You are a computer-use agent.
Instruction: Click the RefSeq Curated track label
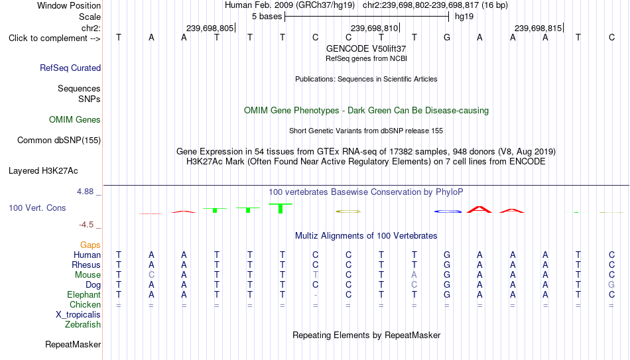[70, 68]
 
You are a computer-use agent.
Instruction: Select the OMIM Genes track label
[75, 120]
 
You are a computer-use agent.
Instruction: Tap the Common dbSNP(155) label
[59, 141]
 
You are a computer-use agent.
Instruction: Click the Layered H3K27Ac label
[43, 171]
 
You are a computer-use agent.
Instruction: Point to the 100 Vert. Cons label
[37, 208]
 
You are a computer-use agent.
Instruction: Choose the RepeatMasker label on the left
[73, 344]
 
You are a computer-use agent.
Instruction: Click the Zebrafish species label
[83, 324]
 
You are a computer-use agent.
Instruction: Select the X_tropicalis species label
[78, 315]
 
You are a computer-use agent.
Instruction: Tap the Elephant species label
[84, 294]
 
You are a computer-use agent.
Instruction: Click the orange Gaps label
[90, 245]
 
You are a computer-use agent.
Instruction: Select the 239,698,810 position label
[374, 28]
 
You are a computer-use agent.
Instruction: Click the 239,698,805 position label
[210, 28]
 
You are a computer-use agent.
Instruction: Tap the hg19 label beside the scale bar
[464, 17]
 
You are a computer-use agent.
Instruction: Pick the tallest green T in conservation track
[281, 208]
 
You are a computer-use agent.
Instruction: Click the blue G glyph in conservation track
[448, 211]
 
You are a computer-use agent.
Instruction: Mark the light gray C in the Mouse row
[151, 275]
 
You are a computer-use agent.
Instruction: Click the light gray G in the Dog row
[611, 285]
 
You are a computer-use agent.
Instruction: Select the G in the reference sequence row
[447, 37]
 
